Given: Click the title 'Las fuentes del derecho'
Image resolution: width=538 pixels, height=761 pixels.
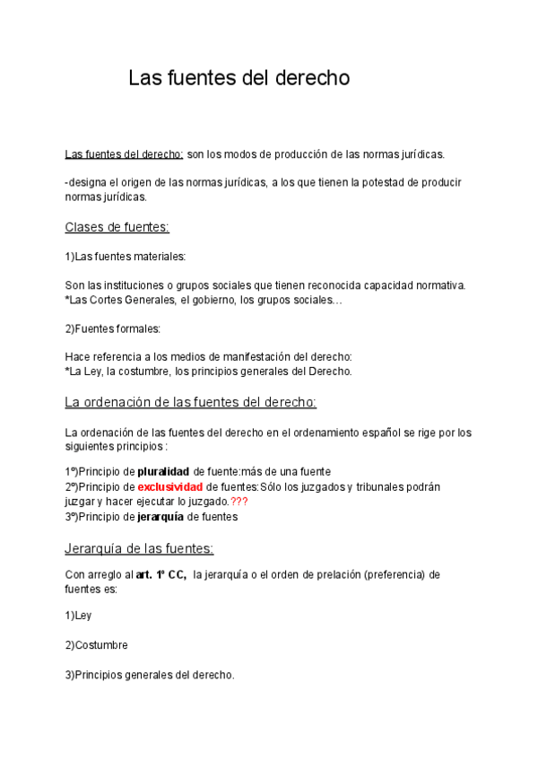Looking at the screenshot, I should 239,78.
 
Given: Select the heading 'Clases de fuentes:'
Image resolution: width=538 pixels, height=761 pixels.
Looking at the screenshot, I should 117,227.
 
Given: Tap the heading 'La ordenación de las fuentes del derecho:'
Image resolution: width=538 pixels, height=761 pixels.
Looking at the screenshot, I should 191,401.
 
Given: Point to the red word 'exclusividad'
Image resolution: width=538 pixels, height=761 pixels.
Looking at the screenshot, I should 169,486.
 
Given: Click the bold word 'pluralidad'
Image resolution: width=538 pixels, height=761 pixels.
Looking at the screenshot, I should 163,472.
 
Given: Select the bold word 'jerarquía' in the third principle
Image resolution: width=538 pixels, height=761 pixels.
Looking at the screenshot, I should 160,517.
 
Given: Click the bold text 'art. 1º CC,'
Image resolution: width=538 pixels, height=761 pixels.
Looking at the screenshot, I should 161,574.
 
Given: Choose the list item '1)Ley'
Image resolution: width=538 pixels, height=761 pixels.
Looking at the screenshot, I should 78,616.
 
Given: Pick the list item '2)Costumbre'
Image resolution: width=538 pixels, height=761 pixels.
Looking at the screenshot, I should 96,645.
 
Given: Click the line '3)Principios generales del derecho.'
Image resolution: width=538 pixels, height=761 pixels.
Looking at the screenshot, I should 150,675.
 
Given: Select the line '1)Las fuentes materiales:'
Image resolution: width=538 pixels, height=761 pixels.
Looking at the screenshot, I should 125,257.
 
